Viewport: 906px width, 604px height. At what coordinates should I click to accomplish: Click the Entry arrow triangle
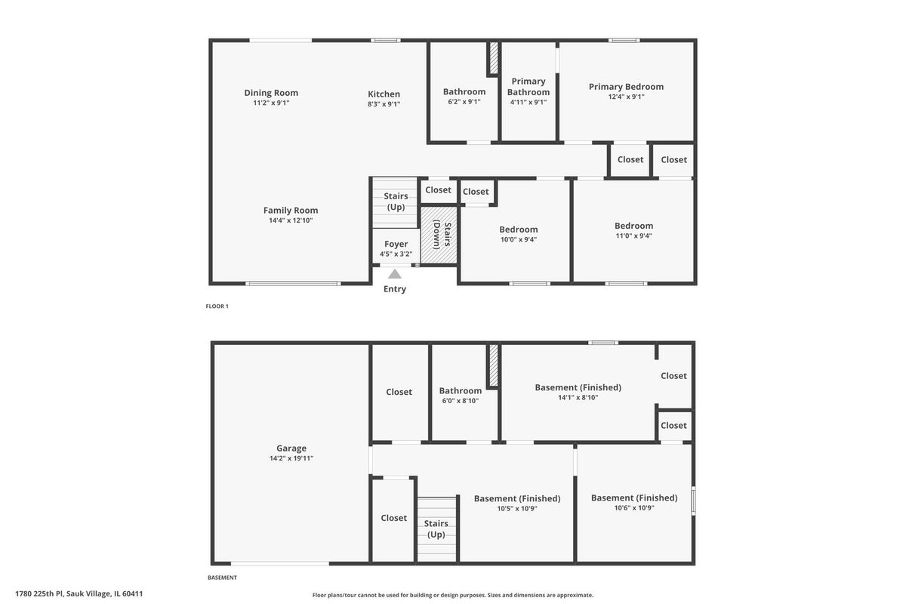(x=395, y=274)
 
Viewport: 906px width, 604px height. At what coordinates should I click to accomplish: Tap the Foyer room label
(x=396, y=244)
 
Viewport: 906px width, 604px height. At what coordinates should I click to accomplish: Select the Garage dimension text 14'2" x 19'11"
(x=291, y=458)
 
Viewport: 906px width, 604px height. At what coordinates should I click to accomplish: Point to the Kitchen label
(x=384, y=94)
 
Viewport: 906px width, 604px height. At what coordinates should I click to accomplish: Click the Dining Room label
(x=271, y=93)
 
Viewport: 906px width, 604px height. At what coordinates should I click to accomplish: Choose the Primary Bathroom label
(x=528, y=87)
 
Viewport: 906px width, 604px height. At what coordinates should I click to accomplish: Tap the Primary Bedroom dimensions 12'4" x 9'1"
(x=626, y=97)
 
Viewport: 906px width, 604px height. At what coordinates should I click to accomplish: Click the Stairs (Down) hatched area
(x=439, y=235)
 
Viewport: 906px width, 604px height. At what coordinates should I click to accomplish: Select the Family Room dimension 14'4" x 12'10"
(x=291, y=220)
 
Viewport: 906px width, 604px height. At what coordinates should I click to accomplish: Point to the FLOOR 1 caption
(x=217, y=307)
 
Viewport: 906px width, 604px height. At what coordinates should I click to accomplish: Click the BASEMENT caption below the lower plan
(x=222, y=578)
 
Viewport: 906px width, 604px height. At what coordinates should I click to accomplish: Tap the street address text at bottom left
(x=79, y=594)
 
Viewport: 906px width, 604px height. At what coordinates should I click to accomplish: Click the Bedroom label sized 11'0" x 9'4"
(x=633, y=226)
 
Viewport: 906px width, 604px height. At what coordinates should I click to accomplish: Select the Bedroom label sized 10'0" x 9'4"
(x=519, y=230)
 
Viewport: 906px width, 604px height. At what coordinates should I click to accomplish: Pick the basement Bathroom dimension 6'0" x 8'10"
(x=461, y=401)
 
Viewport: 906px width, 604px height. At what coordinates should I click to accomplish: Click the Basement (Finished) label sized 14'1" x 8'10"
(x=578, y=387)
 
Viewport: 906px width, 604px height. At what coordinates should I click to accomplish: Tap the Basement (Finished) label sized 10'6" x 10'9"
(x=634, y=498)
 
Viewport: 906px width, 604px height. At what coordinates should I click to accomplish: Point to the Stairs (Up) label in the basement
(x=436, y=528)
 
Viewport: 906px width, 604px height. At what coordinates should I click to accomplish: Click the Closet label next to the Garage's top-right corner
(x=399, y=392)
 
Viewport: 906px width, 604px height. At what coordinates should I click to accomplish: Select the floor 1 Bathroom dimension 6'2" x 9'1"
(x=464, y=101)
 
